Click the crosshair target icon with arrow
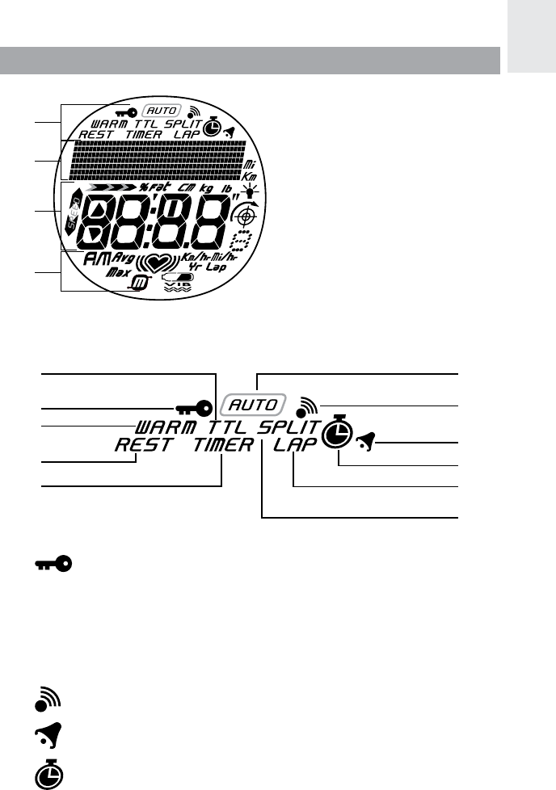[x=241, y=214]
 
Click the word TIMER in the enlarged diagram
[x=218, y=444]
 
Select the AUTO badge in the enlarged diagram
[x=255, y=403]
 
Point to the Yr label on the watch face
[x=193, y=266]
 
